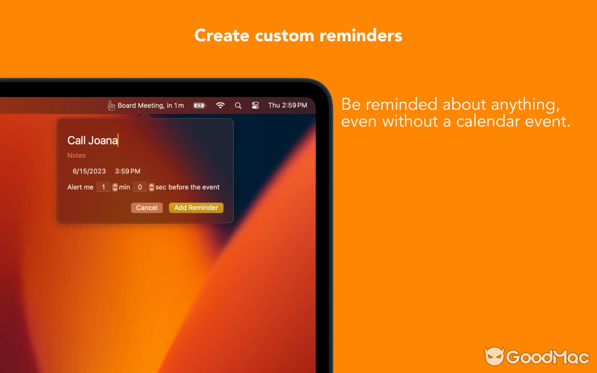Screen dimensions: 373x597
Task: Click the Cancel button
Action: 147,208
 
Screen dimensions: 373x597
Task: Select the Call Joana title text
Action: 92,140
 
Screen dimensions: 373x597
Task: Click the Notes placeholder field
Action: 76,155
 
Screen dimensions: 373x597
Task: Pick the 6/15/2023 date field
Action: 89,171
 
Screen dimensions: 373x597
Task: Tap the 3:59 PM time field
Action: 127,171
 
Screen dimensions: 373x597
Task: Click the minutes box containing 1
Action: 104,187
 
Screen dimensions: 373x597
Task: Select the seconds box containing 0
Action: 140,187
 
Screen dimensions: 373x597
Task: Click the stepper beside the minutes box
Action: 115,187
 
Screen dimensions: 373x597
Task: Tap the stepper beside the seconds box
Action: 152,187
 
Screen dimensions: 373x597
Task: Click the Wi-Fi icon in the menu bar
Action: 220,105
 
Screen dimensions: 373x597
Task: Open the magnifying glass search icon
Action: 238,106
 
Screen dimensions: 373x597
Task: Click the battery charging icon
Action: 200,105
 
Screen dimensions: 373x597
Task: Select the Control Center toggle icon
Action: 255,105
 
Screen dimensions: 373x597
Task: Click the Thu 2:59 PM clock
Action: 287,105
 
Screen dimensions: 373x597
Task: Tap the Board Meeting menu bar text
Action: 151,105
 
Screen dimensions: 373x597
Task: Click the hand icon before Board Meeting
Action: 111,106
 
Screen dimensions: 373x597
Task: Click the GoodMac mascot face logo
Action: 494,357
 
